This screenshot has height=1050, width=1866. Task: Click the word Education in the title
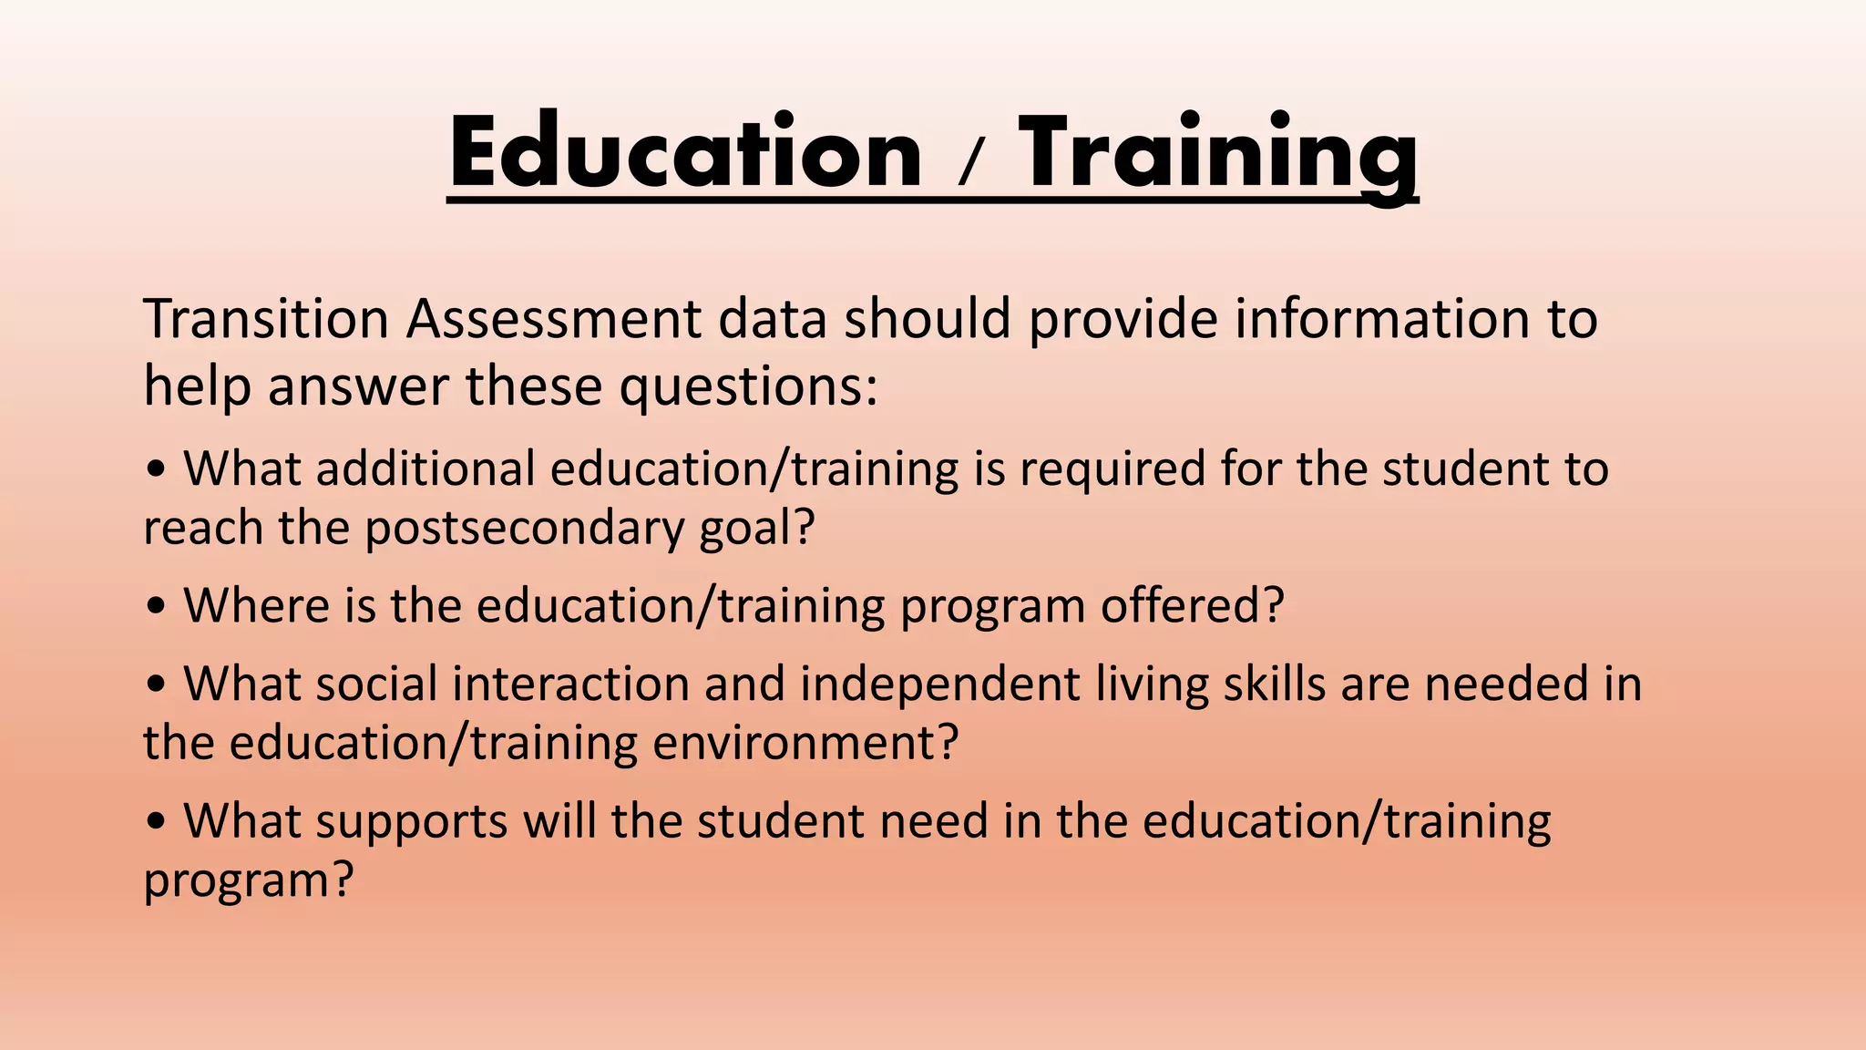pos(685,153)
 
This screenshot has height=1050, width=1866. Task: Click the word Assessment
pos(554,319)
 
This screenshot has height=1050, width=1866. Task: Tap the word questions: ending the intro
pos(749,386)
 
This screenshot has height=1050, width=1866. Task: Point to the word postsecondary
pos(524,529)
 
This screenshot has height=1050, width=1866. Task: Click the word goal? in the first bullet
pos(756,529)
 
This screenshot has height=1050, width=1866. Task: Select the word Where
pos(257,605)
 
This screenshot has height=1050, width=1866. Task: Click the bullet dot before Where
pos(157,607)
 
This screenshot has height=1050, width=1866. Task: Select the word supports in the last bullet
pos(411,822)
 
